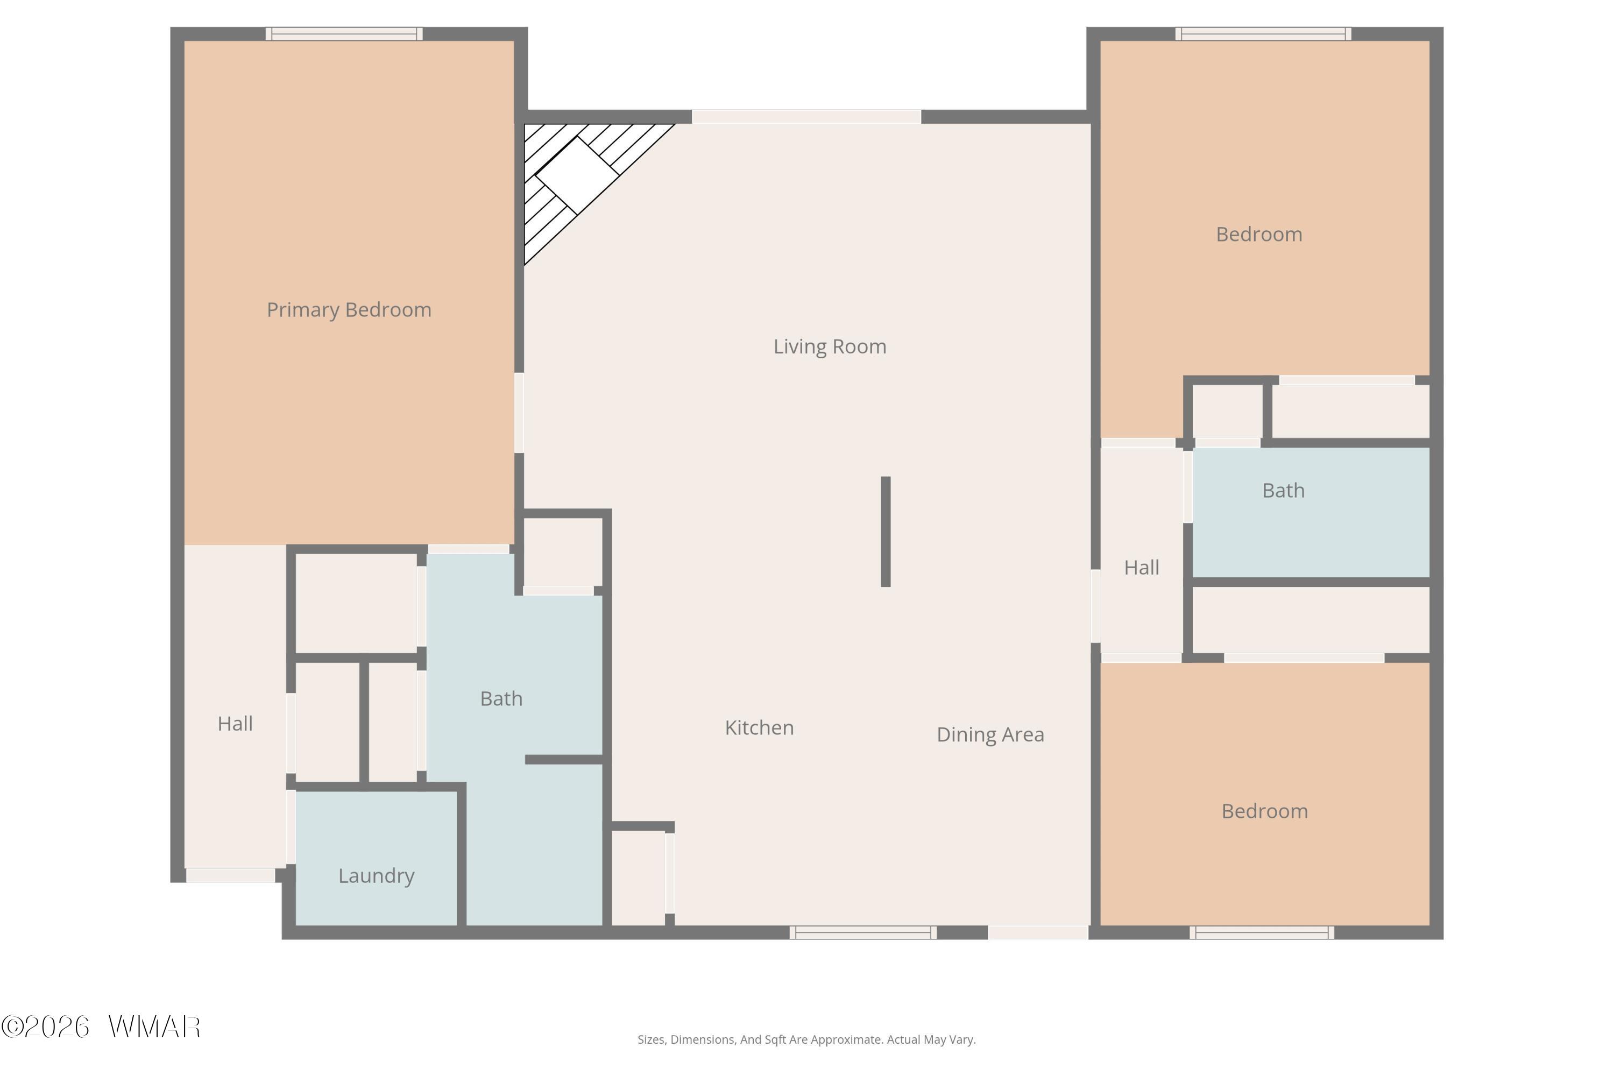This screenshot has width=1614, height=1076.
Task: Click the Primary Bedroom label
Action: pos(349,310)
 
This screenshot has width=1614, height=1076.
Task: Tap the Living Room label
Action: pos(830,346)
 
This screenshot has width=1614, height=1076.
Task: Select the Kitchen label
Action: pos(759,727)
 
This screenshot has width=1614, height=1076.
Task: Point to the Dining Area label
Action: pos(990,735)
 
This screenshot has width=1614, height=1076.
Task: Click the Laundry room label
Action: pos(376,876)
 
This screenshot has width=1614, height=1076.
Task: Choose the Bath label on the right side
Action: pos(1283,491)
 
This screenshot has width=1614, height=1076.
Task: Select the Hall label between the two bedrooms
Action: pos(1141,568)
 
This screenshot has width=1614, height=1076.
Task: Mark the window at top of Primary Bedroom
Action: pos(344,33)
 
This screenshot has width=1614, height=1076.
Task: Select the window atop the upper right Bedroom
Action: pos(1263,33)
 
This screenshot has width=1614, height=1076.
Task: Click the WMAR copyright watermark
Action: pos(101,1027)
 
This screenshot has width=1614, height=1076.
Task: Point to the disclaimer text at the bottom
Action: pos(806,1039)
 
